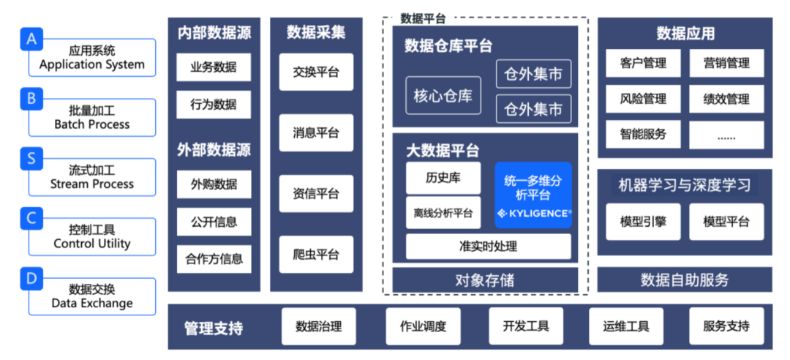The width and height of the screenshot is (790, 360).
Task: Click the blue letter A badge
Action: [x=31, y=39]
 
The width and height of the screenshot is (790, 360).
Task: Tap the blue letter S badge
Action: [x=31, y=158]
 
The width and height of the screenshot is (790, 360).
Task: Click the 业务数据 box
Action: [x=214, y=67]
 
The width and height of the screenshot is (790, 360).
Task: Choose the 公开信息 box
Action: [x=214, y=222]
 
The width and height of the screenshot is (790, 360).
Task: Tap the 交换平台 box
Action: [x=316, y=72]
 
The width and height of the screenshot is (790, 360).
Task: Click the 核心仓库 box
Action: [x=443, y=96]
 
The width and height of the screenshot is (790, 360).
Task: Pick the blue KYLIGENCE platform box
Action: [x=533, y=195]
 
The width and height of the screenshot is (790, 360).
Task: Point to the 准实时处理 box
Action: [x=489, y=247]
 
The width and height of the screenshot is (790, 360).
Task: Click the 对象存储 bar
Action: [x=485, y=280]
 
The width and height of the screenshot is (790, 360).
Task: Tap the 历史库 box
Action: [x=443, y=178]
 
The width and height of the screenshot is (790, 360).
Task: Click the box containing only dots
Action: [x=726, y=135]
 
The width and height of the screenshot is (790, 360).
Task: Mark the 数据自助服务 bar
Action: [x=685, y=280]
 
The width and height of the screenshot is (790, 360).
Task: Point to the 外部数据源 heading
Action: [x=214, y=151]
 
